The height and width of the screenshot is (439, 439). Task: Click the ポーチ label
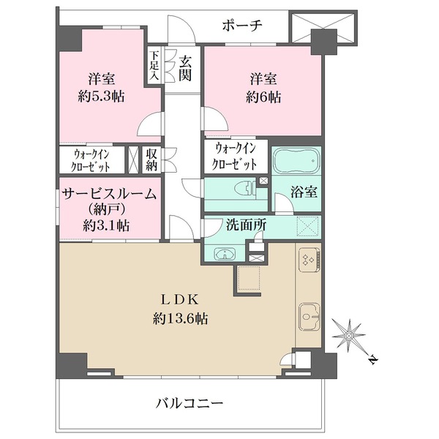click(242, 26)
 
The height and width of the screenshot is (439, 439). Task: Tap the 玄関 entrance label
click(185, 68)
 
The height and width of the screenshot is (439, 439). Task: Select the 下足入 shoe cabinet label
click(154, 66)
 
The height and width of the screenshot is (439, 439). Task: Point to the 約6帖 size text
click(263, 97)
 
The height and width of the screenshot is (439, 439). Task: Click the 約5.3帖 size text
click(102, 97)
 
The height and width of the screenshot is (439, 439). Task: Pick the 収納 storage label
click(151, 160)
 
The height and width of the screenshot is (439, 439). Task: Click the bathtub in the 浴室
click(297, 161)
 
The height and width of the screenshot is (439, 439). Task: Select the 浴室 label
click(304, 192)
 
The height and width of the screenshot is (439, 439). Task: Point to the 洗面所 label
click(246, 225)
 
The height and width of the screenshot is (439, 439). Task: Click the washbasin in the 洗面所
click(225, 254)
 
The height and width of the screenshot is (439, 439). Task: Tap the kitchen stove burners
click(309, 260)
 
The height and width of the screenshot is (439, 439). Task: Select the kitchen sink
click(309, 317)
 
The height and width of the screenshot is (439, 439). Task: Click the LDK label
click(180, 300)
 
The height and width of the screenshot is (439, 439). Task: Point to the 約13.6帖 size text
click(180, 318)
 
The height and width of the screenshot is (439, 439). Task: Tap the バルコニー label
click(190, 403)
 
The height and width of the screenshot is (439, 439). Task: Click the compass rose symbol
click(349, 335)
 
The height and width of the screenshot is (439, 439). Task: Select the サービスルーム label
click(109, 194)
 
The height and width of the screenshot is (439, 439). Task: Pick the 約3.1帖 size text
click(106, 225)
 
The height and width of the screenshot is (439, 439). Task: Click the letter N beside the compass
click(373, 359)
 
